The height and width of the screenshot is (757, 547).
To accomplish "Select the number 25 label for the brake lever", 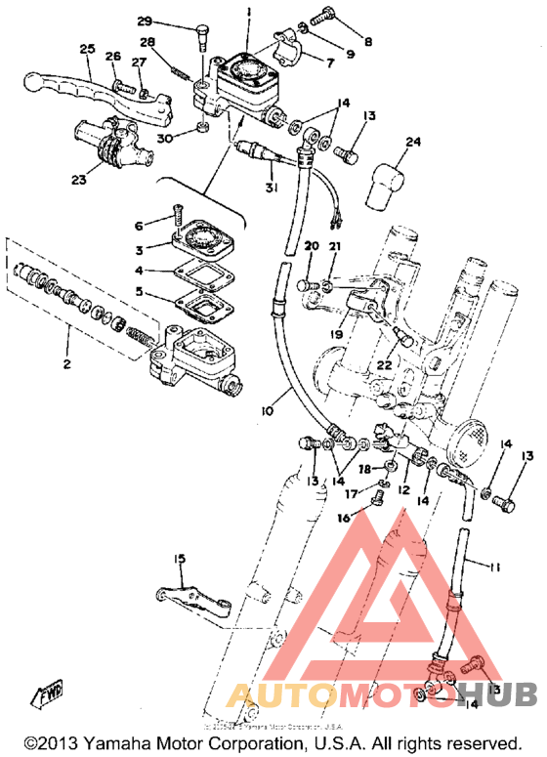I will tap(87, 49).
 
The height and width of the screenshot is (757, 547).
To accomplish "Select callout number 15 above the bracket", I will tap(179, 558).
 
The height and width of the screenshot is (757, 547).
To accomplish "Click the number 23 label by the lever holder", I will tap(77, 179).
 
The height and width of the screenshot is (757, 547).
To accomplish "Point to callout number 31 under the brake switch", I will tap(269, 188).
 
